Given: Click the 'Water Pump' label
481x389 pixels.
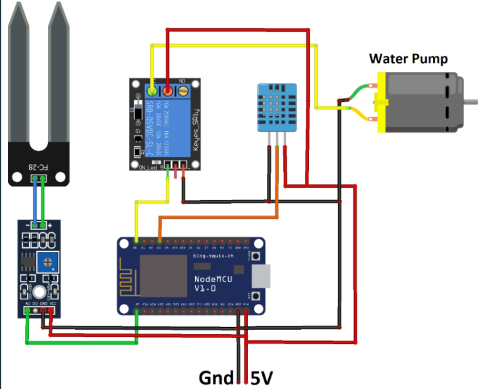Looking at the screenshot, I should pos(408,59).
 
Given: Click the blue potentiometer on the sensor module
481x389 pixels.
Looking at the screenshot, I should pos(46,262).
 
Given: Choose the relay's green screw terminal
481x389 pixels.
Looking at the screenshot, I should pos(152,91).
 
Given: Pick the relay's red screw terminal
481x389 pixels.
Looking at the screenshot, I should pos(168,91).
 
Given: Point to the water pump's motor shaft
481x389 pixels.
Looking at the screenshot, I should pos(472,101).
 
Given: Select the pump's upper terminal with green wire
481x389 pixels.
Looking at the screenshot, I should pos(374,85).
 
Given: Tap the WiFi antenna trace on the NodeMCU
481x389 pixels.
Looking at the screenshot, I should pos(129,277).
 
